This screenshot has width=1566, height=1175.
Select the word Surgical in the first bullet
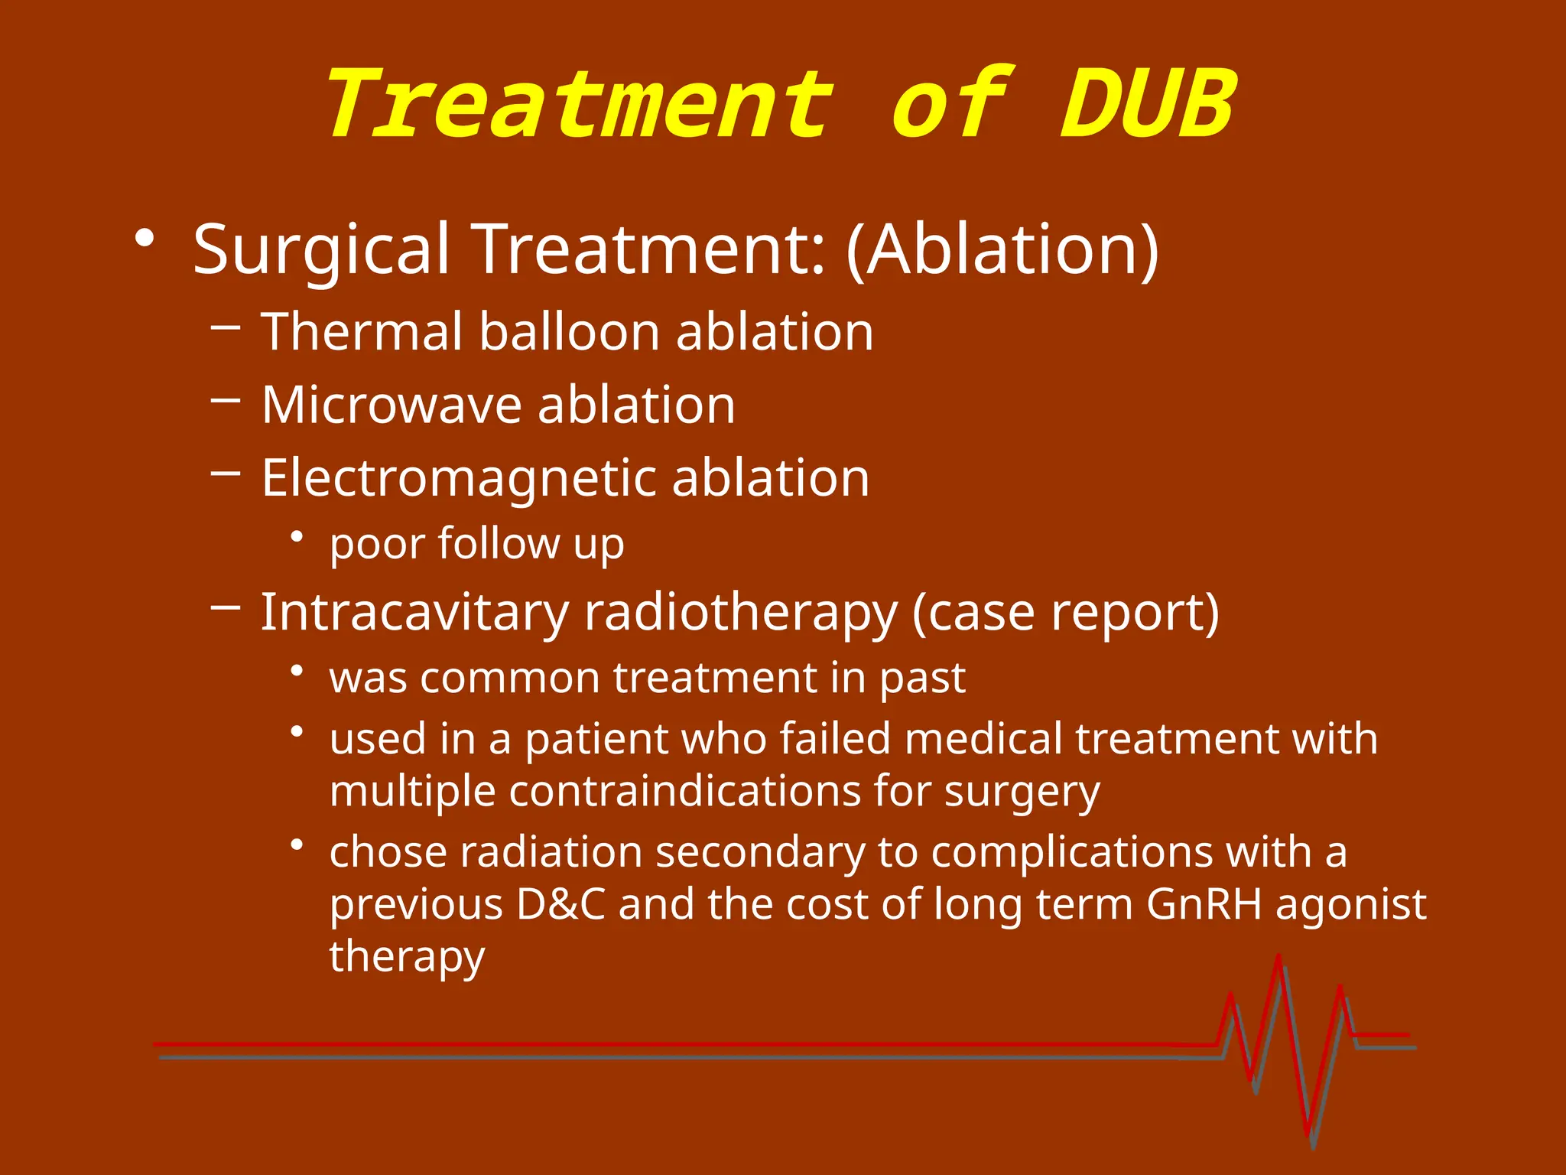[x=321, y=250]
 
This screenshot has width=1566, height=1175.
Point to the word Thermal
[x=362, y=332]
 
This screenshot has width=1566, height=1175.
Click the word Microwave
[x=390, y=405]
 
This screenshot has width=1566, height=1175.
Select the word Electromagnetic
[x=458, y=479]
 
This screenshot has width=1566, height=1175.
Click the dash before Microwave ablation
[x=226, y=399]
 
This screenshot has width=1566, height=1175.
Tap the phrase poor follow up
[x=476, y=545]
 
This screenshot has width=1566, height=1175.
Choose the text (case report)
[x=1065, y=613]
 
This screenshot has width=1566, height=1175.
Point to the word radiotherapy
[x=740, y=613]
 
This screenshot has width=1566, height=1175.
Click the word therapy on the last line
[x=407, y=956]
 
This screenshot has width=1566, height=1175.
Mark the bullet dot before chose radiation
[x=297, y=845]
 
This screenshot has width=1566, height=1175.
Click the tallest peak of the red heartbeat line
[x=1278, y=958]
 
